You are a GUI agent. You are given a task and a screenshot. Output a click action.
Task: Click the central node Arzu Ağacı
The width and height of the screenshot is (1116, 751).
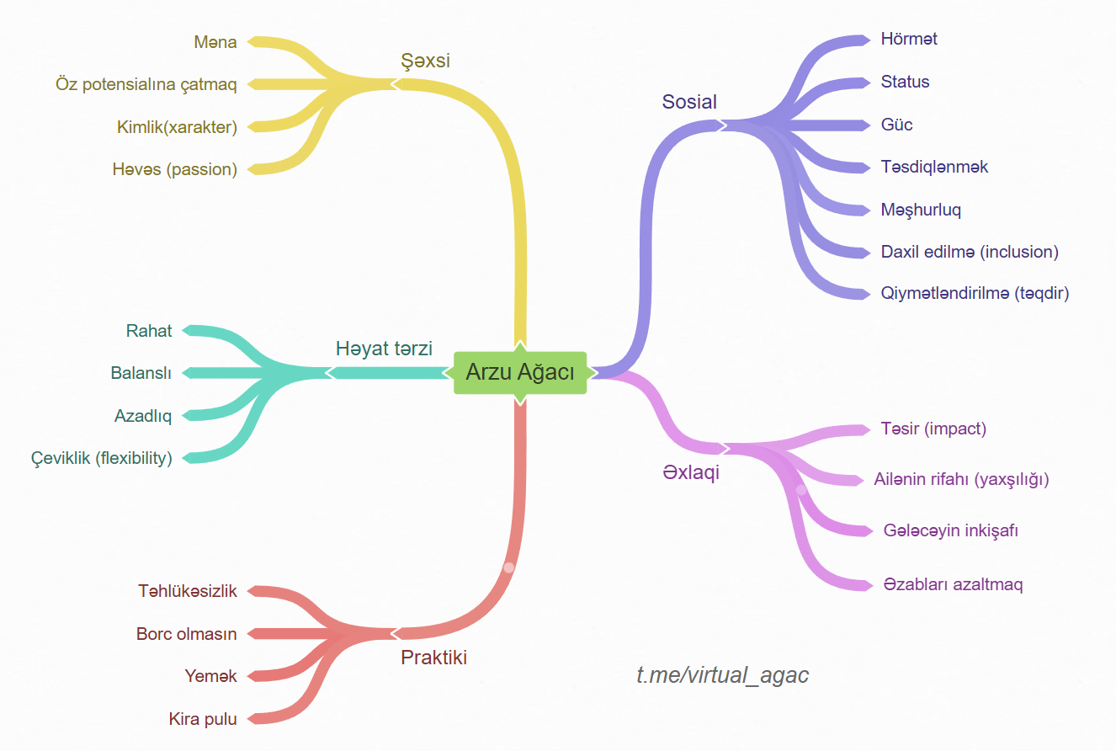point(519,372)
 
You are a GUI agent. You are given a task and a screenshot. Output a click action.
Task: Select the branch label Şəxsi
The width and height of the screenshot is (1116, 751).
point(426,61)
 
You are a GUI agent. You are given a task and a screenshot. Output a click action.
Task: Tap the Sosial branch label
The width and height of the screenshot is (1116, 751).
point(689,102)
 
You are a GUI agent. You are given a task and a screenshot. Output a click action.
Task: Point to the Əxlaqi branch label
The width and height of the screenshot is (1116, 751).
point(691,472)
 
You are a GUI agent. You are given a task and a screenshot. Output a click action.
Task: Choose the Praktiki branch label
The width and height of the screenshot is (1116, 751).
point(433,658)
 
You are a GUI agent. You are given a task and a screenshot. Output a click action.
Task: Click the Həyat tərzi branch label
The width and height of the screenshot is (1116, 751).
point(384,349)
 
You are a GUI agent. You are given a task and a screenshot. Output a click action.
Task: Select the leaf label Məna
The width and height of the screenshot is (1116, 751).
point(215,41)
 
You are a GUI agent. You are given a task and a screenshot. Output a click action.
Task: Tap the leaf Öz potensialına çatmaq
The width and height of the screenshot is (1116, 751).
point(146,84)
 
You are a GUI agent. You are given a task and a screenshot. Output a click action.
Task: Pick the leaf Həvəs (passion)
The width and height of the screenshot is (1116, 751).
point(174,169)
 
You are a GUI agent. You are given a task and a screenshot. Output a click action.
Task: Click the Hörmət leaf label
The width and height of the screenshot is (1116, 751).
point(909,39)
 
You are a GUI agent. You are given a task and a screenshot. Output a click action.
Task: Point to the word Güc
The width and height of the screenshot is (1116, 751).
point(896,125)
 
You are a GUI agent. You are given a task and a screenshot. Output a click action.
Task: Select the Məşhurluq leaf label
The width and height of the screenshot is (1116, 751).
point(921,210)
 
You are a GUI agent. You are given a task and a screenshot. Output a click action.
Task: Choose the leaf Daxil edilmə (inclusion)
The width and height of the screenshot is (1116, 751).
point(970,252)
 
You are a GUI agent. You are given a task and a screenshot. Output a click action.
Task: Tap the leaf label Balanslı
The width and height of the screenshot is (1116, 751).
point(141,373)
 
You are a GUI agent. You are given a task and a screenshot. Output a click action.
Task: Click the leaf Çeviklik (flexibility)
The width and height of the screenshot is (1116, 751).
point(101,458)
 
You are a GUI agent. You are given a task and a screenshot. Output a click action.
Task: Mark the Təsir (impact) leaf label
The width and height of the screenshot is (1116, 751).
point(933,429)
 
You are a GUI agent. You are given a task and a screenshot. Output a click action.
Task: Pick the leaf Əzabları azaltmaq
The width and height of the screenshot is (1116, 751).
point(954,584)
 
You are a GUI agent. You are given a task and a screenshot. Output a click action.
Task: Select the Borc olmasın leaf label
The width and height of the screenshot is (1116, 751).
point(187,634)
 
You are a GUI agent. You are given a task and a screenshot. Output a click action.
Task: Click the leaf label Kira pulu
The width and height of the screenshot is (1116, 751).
point(203,719)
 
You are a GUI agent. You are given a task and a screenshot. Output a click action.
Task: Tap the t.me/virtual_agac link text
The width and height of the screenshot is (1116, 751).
point(723,675)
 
